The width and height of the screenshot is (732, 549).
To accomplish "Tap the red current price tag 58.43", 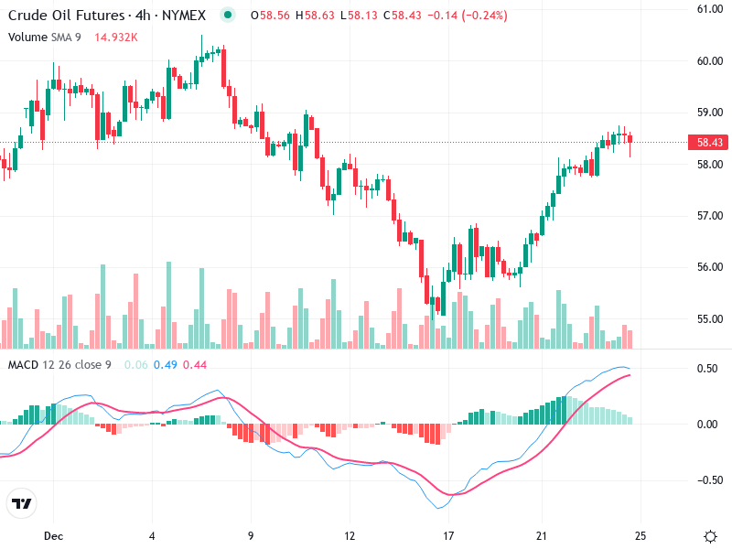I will coord(710,143).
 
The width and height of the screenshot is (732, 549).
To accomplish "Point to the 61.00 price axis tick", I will coord(710,9).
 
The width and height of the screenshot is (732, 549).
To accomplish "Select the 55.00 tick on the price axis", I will coord(710,319).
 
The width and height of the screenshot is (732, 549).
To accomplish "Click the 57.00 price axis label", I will coord(710,216).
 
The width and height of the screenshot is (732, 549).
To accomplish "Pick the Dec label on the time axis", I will coord(52,535).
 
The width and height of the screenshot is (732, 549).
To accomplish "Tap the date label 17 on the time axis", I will coord(448,535).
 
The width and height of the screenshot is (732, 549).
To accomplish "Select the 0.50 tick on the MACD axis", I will coord(706,369).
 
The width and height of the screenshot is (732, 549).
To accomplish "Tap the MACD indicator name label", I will coord(24,365).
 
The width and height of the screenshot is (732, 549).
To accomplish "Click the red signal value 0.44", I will coord(195,365).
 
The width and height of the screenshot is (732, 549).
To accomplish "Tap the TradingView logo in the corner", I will coord(22,503).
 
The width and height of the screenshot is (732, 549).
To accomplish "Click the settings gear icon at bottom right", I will coord(710,535).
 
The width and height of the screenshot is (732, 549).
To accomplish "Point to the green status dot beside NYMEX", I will coord(228,16).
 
